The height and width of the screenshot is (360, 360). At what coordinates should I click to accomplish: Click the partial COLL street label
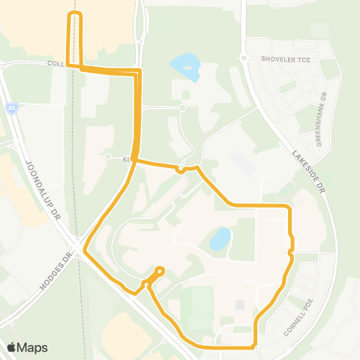55,63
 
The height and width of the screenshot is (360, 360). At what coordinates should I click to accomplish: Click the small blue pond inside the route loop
220,239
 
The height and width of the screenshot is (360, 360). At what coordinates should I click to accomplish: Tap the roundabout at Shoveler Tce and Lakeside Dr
243,58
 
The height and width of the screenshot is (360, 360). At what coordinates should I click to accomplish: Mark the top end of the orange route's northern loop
74,14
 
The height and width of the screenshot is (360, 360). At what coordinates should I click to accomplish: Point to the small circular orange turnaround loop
159,271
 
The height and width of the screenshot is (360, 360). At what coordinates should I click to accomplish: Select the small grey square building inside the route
239,304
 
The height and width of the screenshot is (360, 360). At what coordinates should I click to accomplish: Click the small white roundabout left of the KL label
108,158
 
